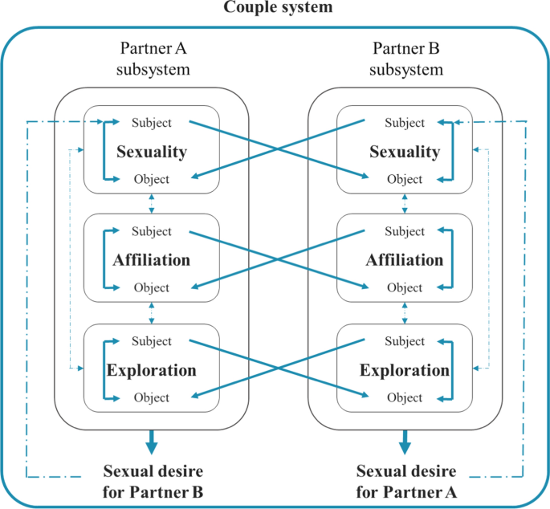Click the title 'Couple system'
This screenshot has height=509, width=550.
click(x=275, y=8)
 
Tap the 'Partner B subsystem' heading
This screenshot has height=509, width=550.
click(x=406, y=59)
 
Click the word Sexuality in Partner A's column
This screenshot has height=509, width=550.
click(x=152, y=151)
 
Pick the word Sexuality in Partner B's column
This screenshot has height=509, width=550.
click(x=405, y=151)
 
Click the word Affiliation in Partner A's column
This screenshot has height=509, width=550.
click(x=152, y=260)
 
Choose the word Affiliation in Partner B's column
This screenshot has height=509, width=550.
click(x=405, y=260)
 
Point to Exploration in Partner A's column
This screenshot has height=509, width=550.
click(x=152, y=370)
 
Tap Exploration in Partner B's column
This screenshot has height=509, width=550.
click(x=405, y=370)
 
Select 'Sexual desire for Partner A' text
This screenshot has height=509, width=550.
click(x=405, y=480)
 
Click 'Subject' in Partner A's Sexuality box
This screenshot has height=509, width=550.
click(x=152, y=123)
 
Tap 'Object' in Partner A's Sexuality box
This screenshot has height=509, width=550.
click(x=152, y=179)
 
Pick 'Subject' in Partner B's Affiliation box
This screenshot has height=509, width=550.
click(x=405, y=232)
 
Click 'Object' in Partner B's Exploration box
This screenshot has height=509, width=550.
click(x=405, y=397)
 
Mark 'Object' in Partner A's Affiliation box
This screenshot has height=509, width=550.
click(x=152, y=287)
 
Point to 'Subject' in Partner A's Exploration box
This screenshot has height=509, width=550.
click(x=152, y=341)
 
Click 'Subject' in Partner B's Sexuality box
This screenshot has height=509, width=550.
click(x=405, y=123)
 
